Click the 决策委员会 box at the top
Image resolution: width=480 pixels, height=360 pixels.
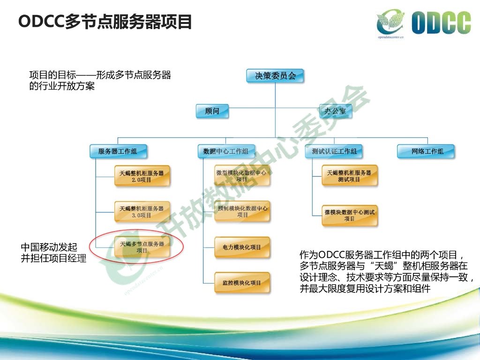coord(275,75)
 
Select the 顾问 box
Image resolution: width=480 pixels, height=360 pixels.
coord(212,111)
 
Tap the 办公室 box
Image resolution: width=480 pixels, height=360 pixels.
coord(335,111)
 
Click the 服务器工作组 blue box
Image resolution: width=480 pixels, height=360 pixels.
coord(118,151)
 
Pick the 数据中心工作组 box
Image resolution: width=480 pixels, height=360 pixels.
coord(226,151)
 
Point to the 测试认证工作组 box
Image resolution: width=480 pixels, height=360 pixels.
coord(334,151)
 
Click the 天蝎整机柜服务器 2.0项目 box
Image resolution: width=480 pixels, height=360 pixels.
coord(142,176)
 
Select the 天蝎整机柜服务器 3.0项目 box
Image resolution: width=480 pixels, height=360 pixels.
coord(142,211)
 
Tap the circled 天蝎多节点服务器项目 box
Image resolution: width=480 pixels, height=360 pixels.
coord(142,247)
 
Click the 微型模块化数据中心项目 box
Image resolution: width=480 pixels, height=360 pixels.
coord(242,176)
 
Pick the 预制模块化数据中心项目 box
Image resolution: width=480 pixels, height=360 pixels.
coord(242,211)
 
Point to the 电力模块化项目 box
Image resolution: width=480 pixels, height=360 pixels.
coord(242,247)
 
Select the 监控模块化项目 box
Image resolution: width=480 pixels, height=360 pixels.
coord(242,283)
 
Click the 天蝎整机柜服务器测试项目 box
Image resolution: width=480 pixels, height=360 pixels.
coord(349,176)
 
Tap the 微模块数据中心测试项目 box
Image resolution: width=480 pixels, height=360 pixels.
coord(349,215)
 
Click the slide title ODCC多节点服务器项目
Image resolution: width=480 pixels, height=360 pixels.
coord(105,22)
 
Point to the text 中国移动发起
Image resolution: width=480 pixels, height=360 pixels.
coord(49,247)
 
